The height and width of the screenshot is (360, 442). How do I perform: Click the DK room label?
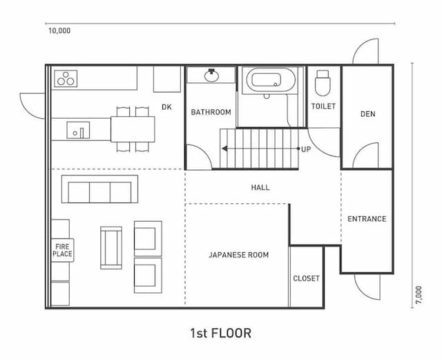[x=166, y=107]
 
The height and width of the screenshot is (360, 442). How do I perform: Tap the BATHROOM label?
[x=211, y=112]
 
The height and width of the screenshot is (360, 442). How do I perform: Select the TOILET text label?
[x=323, y=106]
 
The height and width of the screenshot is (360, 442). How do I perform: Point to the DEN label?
[x=368, y=114]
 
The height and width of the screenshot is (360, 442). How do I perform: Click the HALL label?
[x=260, y=187]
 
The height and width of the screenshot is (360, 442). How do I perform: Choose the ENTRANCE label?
[x=367, y=219]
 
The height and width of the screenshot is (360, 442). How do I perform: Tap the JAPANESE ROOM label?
[x=239, y=255]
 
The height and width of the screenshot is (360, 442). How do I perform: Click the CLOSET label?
[x=306, y=278]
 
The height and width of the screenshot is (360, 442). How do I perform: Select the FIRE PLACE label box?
[x=62, y=250]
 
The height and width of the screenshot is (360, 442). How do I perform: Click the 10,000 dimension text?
[x=59, y=31]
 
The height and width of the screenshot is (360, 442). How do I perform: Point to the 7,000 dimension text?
[x=419, y=295]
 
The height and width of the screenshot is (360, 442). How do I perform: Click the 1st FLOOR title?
[x=221, y=333]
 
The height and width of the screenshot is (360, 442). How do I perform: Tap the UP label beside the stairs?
[x=306, y=149]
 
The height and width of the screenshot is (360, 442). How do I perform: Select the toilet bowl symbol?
[x=323, y=83]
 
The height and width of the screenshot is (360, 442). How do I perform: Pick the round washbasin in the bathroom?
[x=212, y=75]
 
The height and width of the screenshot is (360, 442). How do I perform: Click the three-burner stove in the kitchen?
[x=66, y=79]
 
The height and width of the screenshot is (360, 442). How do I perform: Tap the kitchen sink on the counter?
[x=78, y=130]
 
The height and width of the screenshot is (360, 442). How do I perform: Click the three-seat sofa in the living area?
[x=99, y=189]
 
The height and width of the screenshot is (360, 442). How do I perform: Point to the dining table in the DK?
[x=133, y=129]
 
